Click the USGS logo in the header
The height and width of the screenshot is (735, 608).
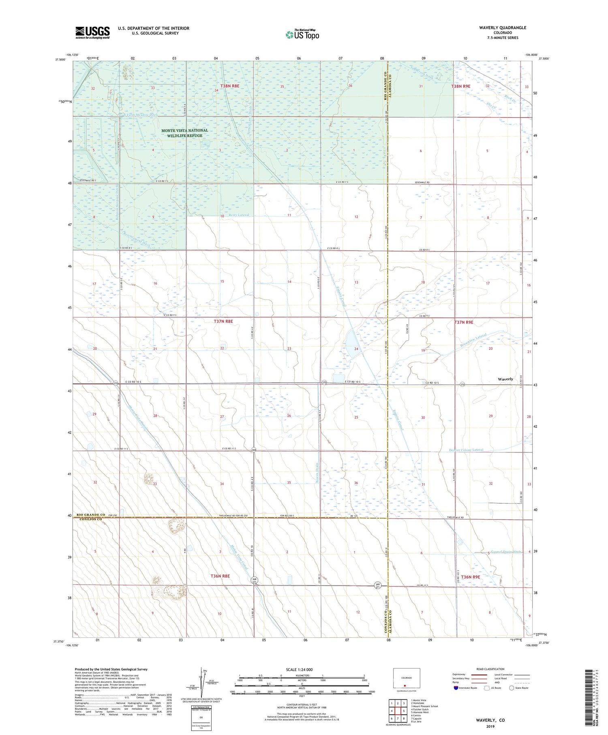coord(92,32)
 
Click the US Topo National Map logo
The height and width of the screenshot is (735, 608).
coord(302,34)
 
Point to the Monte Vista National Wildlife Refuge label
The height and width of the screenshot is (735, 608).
coord(184,133)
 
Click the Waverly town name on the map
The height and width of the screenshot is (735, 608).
coord(505,379)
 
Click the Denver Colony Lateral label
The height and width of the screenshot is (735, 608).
coord(466,450)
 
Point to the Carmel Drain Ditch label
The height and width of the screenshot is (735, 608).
coord(505,552)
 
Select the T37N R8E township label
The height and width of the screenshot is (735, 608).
coord(223,321)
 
